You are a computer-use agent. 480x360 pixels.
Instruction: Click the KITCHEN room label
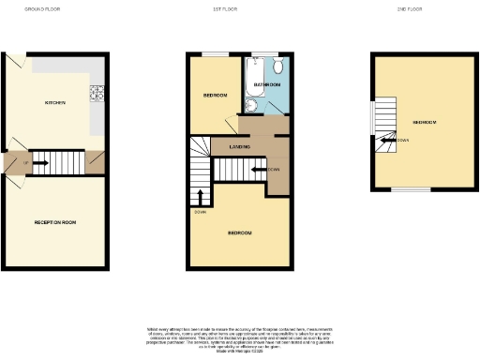tap(54, 102)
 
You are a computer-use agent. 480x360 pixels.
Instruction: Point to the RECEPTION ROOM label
tap(54, 222)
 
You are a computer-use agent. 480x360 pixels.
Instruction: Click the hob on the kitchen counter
tap(95, 93)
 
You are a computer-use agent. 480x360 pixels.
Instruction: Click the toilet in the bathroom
tap(279, 66)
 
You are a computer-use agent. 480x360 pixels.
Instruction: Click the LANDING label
tap(239, 147)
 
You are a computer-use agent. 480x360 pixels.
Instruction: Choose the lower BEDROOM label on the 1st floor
tap(239, 232)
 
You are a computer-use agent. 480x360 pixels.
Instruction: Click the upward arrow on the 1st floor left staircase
tap(200, 195)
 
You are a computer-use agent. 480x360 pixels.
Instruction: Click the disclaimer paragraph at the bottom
tap(239, 339)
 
